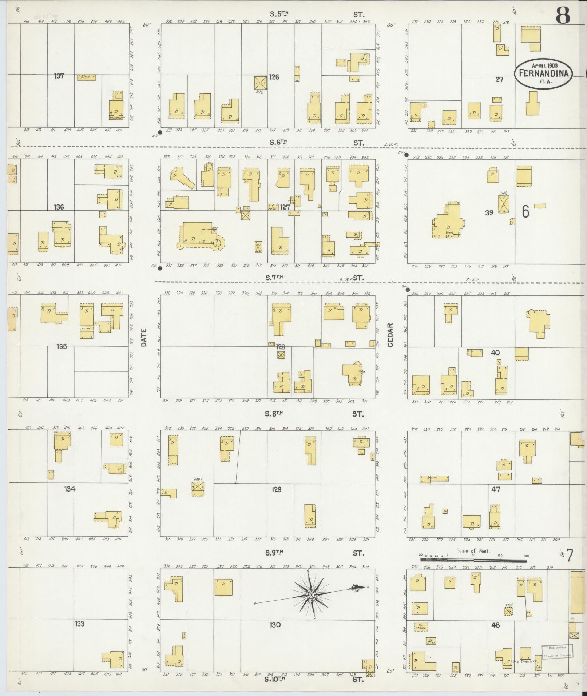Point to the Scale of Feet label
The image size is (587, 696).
473,550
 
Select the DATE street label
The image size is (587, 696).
144,337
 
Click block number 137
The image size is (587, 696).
59,76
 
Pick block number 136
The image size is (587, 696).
59,207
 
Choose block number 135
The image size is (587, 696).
62,346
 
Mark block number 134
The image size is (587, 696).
70,489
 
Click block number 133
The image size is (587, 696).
80,624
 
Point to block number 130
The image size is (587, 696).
275,625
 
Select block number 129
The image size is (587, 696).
277,490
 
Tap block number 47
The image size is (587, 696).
496,489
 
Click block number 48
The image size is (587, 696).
495,625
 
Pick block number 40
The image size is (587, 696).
495,353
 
